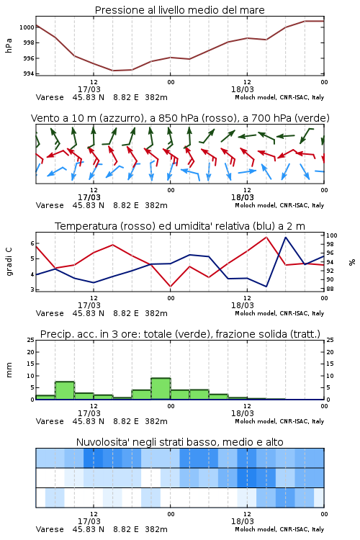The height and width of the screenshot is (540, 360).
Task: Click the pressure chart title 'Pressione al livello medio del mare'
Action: pos(179,10)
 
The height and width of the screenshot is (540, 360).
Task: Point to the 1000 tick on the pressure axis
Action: pos(27,27)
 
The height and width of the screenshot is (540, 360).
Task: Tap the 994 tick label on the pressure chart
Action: pos(28,73)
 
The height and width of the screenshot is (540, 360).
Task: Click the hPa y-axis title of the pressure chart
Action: pos(9,45)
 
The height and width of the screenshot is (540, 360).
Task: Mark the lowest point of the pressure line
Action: pos(113,71)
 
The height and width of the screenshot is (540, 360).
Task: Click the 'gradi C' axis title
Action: pos(9,261)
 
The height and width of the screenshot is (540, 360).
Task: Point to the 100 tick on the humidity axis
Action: pos(332,235)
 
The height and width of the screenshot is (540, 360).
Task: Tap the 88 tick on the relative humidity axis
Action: pos(330,289)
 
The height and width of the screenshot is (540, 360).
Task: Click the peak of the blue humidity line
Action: pos(286,238)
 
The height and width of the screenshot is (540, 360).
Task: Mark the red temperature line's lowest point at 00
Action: pos(171,286)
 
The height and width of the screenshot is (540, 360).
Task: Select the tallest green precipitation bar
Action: pos(161,389)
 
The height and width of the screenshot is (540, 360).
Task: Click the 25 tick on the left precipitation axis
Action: pos(30,340)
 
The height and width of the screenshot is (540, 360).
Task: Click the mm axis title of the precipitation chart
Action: pos(9,370)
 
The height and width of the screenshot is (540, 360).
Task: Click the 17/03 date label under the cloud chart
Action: pos(89,521)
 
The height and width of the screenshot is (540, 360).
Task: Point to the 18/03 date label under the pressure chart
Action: pos(243,89)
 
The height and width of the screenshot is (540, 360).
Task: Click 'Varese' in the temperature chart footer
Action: pos(50,313)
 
